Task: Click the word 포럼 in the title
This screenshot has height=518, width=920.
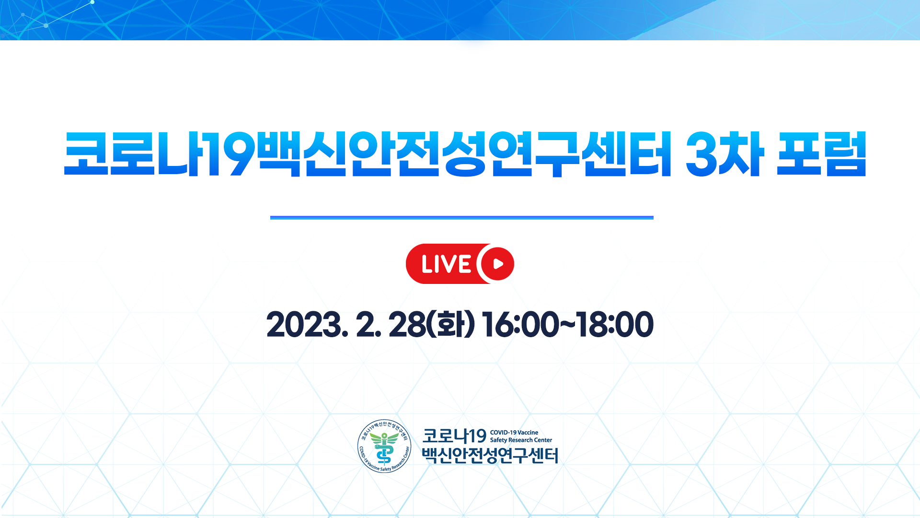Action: point(821,154)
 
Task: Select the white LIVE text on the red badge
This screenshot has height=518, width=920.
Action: point(446,264)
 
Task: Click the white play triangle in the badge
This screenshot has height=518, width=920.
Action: point(498,264)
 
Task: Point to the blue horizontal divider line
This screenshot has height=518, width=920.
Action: point(462,218)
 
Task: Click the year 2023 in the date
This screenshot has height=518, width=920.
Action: point(304,325)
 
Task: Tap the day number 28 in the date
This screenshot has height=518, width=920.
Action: point(407,325)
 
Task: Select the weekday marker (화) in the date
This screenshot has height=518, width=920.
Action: point(450,325)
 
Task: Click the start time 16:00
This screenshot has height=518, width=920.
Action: point(520,325)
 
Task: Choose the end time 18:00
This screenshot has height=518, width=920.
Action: point(615,325)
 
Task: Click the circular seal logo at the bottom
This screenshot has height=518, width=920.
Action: point(384,446)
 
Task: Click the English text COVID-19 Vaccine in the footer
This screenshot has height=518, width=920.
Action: point(514,433)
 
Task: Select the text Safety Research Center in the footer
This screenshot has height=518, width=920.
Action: point(521,440)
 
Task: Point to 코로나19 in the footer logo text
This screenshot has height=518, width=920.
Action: point(454,436)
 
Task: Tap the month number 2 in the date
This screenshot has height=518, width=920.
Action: point(367,325)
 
